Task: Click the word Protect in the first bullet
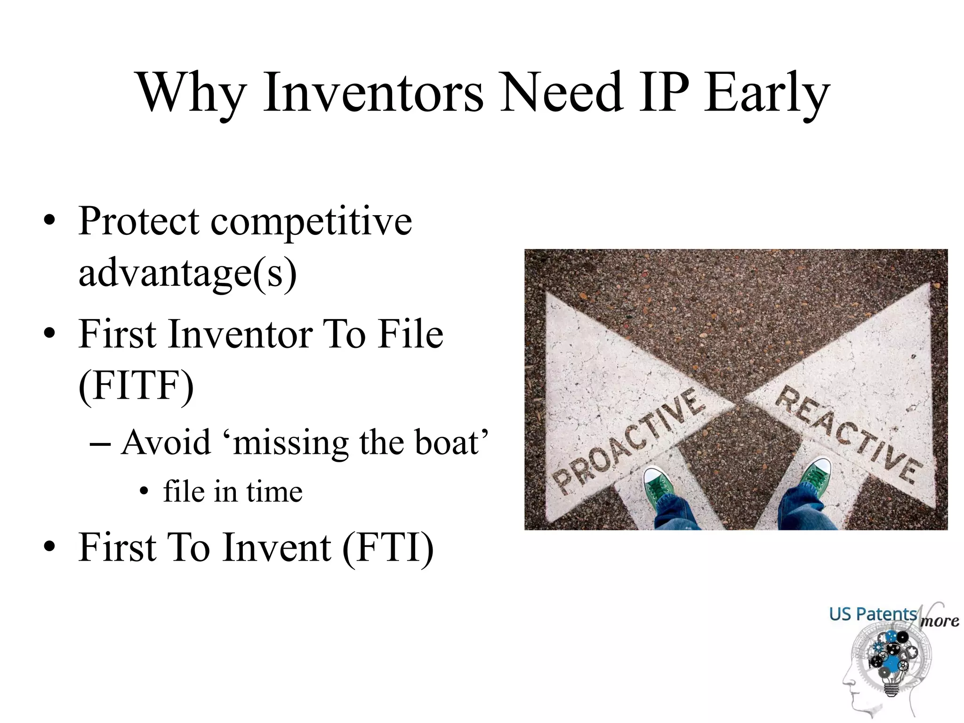139,221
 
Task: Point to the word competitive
311,222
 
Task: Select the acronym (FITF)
136,385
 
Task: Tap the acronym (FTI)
387,547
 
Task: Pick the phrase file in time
233,492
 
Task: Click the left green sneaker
659,485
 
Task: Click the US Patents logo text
873,614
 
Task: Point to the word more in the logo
940,621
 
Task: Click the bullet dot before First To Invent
49,547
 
